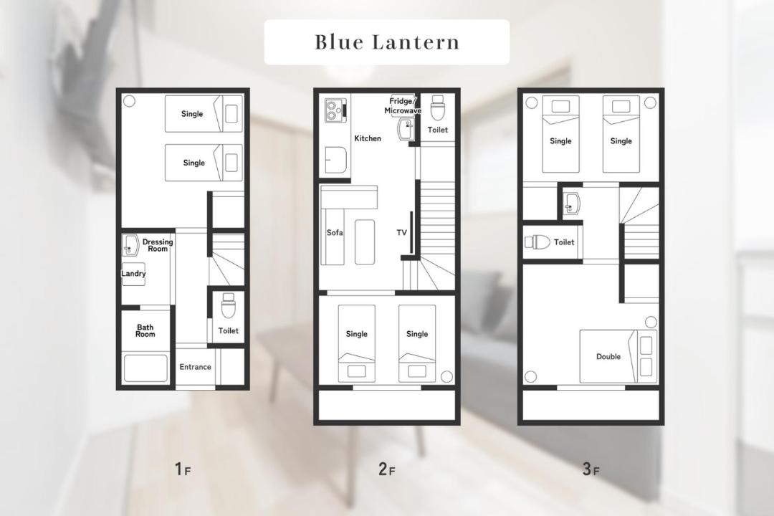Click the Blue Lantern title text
(x=387, y=42)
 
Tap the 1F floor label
(x=183, y=469)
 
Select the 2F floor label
(x=386, y=469)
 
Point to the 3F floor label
(x=591, y=469)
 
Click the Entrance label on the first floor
(x=195, y=367)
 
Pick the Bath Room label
(x=145, y=330)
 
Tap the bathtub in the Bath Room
(x=145, y=368)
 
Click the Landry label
(x=133, y=274)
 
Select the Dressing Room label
(x=158, y=245)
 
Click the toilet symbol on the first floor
(x=228, y=305)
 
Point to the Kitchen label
(x=368, y=138)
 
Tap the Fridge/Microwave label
(x=403, y=106)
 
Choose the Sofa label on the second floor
(x=335, y=233)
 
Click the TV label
(x=402, y=232)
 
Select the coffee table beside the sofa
(x=364, y=242)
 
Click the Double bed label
(x=608, y=356)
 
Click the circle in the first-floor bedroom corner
(x=129, y=101)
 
